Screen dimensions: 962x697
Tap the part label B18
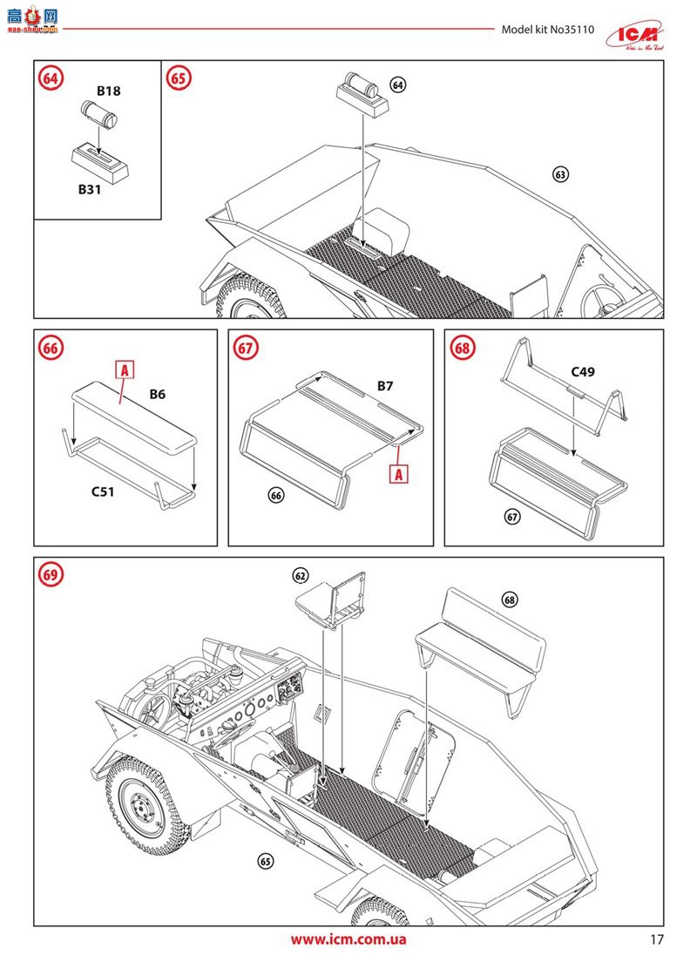[x=108, y=90]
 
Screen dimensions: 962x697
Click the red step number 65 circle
[x=179, y=78]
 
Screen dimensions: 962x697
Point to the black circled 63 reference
[x=560, y=174]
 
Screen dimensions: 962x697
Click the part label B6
[x=157, y=394]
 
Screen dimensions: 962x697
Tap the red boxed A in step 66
[x=125, y=370]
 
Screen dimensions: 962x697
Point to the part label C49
[x=583, y=372]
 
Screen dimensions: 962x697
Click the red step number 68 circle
[x=463, y=347]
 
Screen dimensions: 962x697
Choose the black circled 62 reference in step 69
[x=301, y=576]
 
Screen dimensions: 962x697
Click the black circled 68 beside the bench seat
[x=510, y=600]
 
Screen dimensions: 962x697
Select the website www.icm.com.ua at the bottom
[x=348, y=939]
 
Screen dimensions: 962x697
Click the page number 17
[x=657, y=939]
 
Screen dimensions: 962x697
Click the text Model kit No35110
[x=547, y=30]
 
